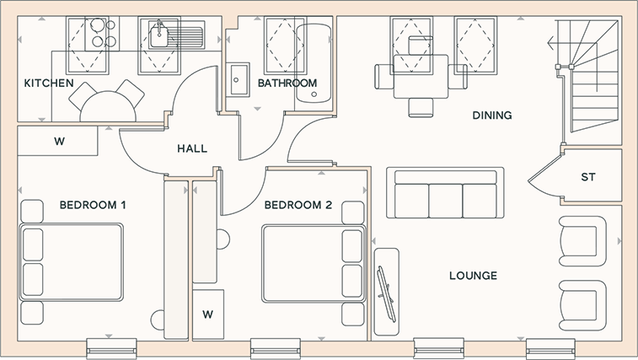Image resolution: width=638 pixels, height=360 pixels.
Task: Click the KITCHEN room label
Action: tap(49, 83)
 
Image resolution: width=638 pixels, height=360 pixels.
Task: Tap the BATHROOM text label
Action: tap(287, 83)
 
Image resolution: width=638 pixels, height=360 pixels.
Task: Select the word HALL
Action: tap(192, 148)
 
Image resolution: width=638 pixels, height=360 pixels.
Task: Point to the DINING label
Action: tap(492, 116)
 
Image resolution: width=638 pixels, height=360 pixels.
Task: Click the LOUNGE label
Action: tap(473, 276)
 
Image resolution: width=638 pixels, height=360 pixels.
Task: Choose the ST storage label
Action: tap(588, 177)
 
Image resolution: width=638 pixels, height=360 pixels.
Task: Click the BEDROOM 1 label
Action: tap(93, 205)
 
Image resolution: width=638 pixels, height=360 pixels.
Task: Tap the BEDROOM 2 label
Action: tap(298, 205)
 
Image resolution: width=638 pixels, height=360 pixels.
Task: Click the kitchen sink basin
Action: tap(159, 36)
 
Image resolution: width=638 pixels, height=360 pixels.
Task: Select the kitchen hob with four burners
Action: tap(102, 34)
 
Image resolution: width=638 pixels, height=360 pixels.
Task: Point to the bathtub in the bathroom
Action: tap(313, 63)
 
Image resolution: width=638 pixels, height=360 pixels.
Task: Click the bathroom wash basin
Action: tap(238, 80)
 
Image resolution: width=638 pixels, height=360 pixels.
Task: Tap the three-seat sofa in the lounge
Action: tap(445, 192)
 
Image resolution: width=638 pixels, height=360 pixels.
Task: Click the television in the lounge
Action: tap(387, 294)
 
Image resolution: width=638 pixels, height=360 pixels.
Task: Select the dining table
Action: tap(421, 77)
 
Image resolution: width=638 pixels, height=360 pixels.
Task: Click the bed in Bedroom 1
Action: tap(71, 262)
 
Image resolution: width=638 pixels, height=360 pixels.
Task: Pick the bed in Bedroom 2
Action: tap(314, 264)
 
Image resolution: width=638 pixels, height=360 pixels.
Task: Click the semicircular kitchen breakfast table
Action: tap(108, 106)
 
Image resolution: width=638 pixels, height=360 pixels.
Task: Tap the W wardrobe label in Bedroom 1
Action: tap(59, 142)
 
